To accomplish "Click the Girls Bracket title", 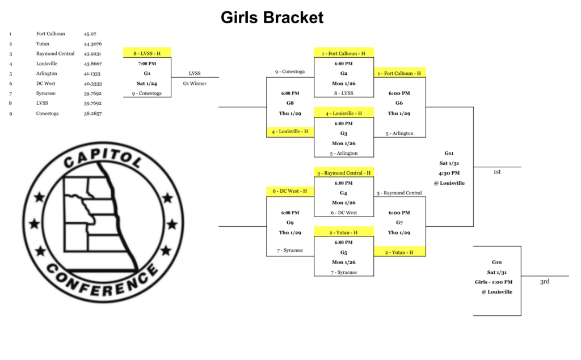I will point(272,18).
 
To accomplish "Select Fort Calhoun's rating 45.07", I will point(90,34).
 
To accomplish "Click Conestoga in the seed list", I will point(48,113).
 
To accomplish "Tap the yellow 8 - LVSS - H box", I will point(147,53).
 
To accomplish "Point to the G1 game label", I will point(147,73).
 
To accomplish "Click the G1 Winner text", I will point(195,83).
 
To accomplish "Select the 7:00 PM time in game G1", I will point(147,63).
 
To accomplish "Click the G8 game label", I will point(289,103).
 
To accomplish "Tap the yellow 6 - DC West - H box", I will point(289,191).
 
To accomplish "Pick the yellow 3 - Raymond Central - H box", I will point(344,172).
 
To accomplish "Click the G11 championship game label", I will point(449,153).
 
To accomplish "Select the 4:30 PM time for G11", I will point(449,173).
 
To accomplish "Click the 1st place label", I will point(496,172).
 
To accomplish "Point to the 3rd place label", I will point(544,281).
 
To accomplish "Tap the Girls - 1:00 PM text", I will point(494,282).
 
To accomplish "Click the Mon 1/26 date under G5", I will point(344,262).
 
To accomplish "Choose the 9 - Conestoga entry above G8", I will point(289,72).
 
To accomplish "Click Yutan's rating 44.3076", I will point(93,44).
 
